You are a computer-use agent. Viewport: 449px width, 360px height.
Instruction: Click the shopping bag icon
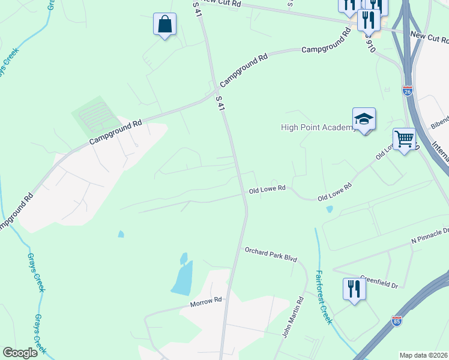164,25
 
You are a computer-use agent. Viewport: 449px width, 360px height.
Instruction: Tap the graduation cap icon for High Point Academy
364,119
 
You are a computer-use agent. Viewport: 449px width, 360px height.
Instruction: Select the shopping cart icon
405,139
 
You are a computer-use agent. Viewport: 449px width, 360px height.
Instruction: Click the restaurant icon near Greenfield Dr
354,289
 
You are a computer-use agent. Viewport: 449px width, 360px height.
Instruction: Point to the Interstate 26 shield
408,92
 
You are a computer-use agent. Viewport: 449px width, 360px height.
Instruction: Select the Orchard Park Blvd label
271,254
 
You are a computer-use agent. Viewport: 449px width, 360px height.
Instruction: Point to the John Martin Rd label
292,316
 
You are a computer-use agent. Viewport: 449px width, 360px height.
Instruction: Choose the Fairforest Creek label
323,297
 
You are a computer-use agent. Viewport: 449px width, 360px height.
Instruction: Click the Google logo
20,353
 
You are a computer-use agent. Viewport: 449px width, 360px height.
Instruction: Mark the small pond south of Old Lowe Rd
329,209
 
